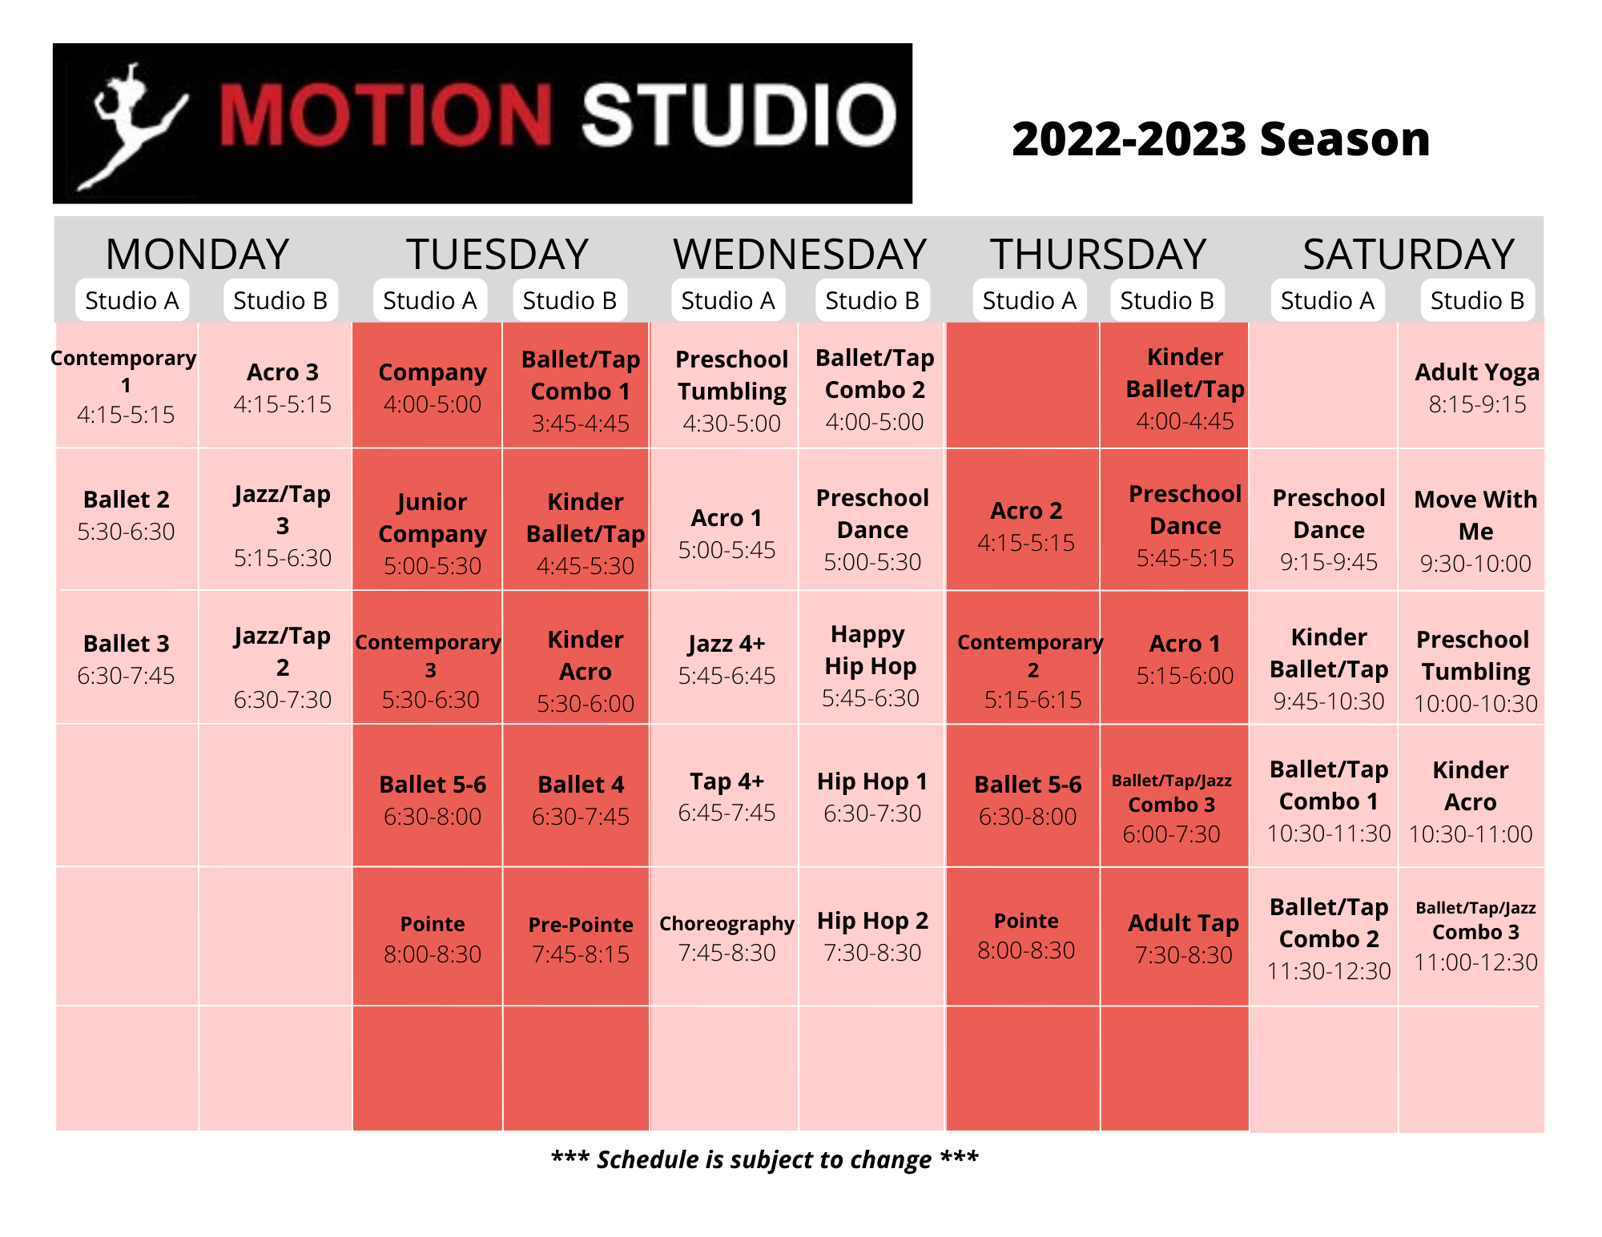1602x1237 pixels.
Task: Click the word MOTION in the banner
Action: (x=384, y=116)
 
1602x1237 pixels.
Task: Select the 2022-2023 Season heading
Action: (x=1220, y=139)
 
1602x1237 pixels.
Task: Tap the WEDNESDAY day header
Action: (x=799, y=255)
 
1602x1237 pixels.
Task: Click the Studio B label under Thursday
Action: (x=1166, y=300)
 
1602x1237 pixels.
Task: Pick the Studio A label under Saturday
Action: (x=1327, y=300)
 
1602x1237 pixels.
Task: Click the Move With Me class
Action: (x=1475, y=529)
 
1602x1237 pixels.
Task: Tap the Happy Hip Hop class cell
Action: (x=871, y=665)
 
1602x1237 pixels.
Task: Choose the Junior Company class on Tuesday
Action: (x=432, y=532)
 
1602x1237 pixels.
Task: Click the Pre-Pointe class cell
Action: (x=581, y=938)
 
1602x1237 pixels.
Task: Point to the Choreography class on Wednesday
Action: (x=727, y=936)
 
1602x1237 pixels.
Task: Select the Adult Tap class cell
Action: (x=1183, y=938)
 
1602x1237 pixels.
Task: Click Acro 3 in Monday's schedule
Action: (x=282, y=388)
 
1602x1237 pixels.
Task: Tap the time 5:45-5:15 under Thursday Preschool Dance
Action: (x=1185, y=558)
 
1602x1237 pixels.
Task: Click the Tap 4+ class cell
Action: (x=727, y=796)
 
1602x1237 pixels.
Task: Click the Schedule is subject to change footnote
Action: (x=764, y=1159)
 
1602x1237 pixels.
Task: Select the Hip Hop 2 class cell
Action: (x=872, y=935)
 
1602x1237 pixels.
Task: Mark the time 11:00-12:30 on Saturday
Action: (x=1475, y=962)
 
